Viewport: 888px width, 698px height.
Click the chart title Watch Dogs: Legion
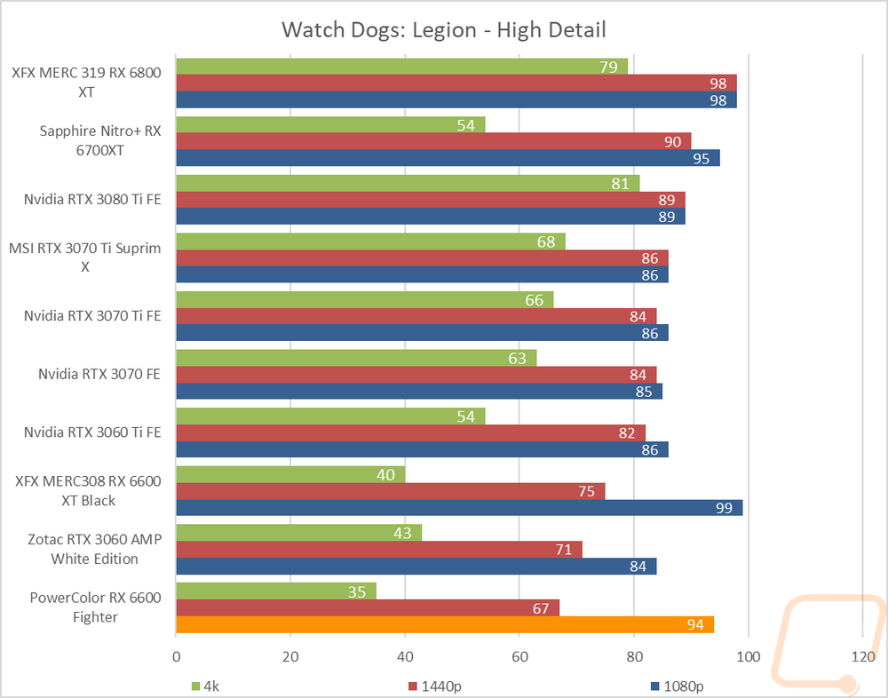(443, 29)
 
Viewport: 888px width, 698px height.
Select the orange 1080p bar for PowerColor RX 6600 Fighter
(445, 625)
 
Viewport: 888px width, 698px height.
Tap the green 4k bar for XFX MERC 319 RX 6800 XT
(401, 67)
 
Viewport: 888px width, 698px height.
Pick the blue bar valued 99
(459, 508)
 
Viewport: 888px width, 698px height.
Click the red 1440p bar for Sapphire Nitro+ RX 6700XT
(433, 141)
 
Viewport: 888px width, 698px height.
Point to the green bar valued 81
(408, 183)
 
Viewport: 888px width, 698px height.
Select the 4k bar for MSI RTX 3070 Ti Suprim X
(370, 242)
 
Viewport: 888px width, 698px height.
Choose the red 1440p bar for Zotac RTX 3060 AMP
(379, 550)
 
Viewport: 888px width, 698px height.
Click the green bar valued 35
(276, 591)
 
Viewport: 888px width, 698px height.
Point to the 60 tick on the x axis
(519, 657)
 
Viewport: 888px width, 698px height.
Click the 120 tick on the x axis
(863, 657)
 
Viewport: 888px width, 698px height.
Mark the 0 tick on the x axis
(177, 657)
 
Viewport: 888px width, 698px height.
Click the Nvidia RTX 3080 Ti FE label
(92, 199)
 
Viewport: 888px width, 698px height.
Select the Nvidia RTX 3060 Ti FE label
(92, 432)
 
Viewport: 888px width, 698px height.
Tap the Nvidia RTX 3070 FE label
(99, 374)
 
